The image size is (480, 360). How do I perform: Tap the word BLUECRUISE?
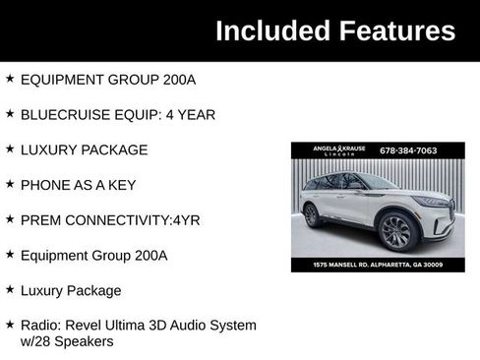click(63, 114)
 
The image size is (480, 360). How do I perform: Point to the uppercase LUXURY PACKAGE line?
click(84, 150)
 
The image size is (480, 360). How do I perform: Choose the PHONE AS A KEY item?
click(78, 185)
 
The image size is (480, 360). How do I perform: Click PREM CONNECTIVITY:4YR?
click(109, 219)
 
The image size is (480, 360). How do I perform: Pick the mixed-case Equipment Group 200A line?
click(93, 255)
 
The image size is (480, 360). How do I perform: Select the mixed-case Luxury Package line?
click(71, 290)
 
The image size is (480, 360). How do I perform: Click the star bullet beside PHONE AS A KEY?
click(10, 184)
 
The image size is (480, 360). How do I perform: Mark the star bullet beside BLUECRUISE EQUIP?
click(10, 113)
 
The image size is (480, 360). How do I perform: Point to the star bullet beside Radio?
click(10, 324)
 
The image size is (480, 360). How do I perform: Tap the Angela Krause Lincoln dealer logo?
click(338, 150)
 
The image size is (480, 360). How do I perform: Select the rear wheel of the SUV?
click(313, 215)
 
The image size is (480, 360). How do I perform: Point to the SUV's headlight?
click(433, 202)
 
